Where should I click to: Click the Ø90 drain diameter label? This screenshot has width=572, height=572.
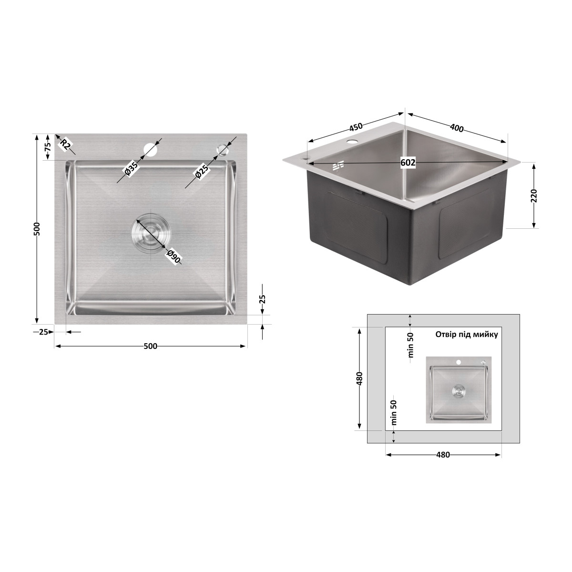click(174, 256)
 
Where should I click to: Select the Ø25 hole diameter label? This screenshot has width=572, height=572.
click(202, 172)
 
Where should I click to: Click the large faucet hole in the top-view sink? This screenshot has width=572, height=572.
click(151, 150)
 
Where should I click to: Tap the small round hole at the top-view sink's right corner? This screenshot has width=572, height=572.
click(222, 149)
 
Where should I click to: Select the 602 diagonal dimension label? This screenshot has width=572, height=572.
click(408, 163)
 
